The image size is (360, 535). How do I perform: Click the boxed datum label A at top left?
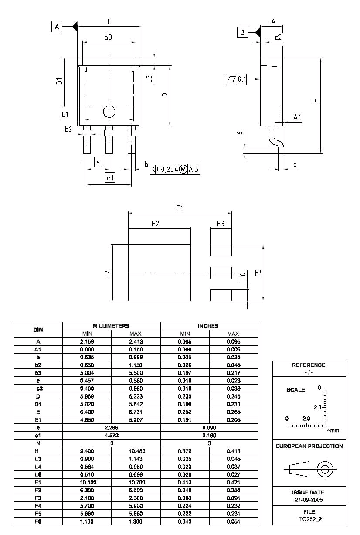point(57,27)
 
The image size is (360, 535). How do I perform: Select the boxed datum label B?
point(242,32)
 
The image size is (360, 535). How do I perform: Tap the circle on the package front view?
point(109,112)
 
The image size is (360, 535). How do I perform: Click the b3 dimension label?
point(108,37)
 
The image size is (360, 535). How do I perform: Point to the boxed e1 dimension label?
point(110,177)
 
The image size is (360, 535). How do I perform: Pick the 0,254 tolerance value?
point(170,170)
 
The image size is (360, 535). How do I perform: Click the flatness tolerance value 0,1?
point(242,79)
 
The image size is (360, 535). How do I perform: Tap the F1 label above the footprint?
point(180,208)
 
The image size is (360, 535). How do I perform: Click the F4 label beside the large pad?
point(107,273)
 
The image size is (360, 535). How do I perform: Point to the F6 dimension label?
point(242,276)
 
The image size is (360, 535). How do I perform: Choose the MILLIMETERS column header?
point(111,326)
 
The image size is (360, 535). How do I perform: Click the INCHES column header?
point(209,326)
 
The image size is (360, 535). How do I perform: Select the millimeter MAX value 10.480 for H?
point(136,451)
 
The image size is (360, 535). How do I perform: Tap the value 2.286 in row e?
point(111,428)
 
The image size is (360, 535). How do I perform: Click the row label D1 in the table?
point(38,404)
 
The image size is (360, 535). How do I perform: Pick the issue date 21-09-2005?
point(309,499)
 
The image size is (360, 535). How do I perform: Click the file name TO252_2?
point(309,519)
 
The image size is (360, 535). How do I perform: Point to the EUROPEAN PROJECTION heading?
point(309,446)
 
